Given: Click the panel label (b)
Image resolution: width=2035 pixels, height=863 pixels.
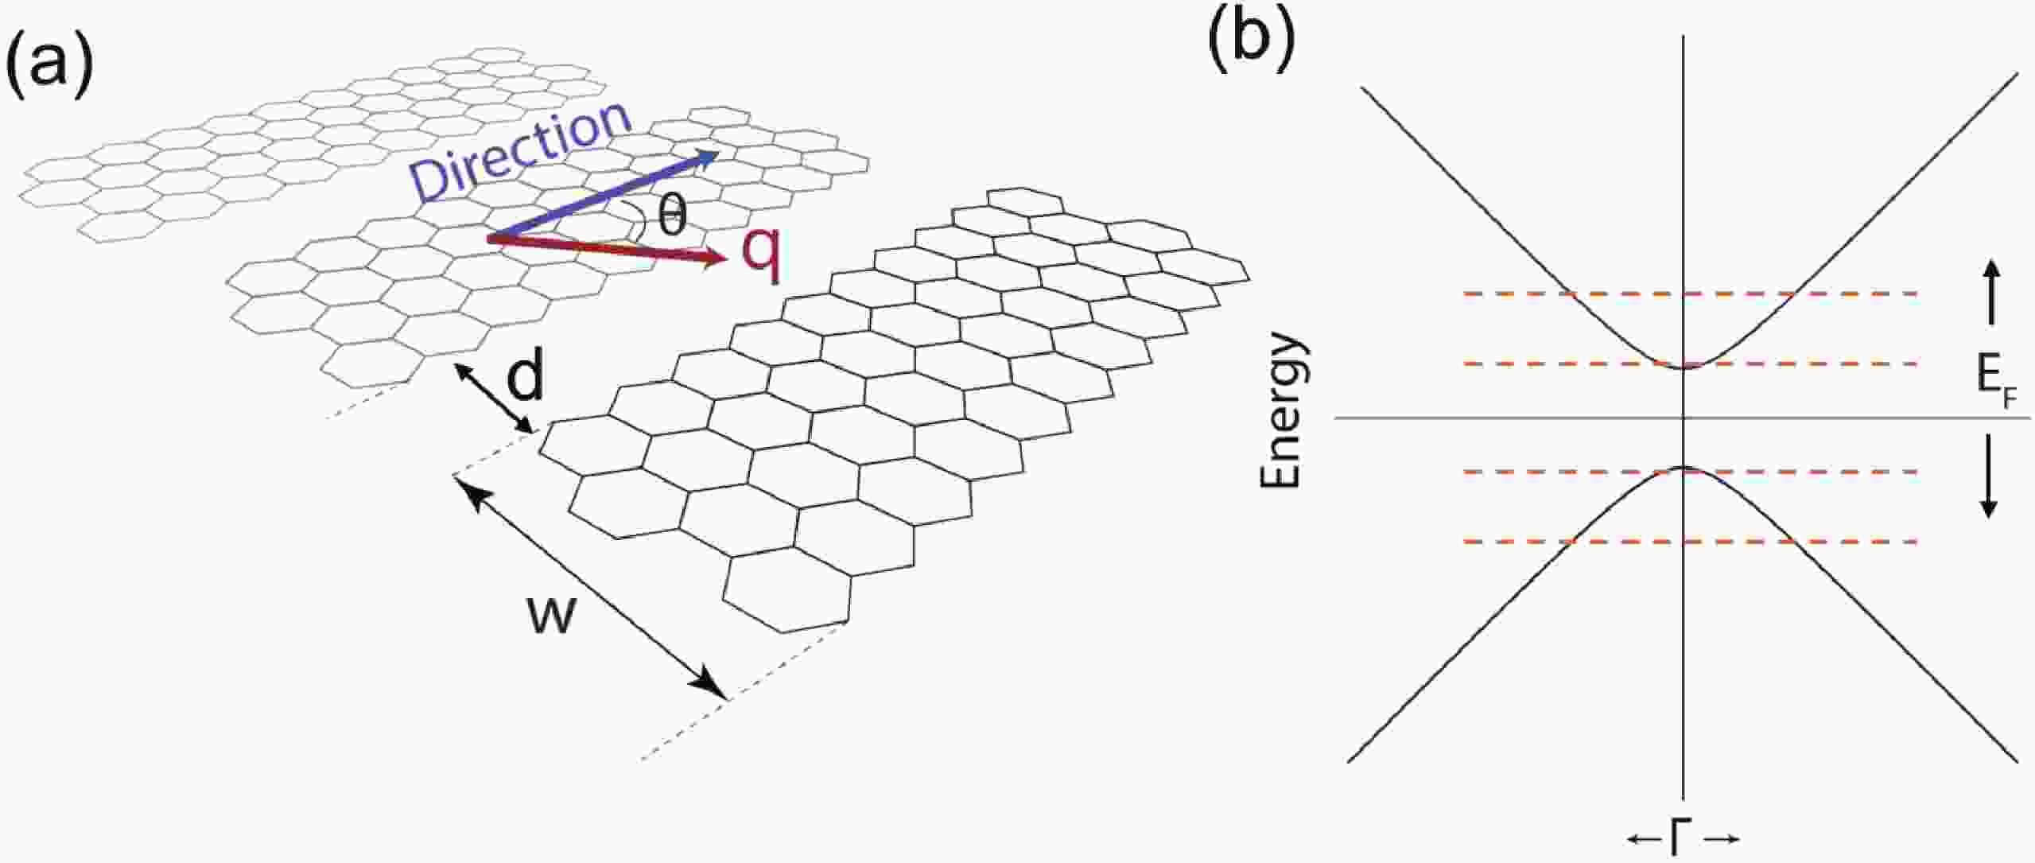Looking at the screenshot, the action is [1251, 40].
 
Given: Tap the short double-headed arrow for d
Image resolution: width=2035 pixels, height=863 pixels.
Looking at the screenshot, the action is [493, 398].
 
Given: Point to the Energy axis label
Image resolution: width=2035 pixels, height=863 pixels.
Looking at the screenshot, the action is [1281, 411].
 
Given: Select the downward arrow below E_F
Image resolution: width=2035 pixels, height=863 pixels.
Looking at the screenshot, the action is [1989, 476].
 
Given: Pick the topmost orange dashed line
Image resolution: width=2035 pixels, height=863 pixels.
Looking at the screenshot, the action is [1691, 294].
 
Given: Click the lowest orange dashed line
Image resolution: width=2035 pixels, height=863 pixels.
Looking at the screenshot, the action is [1691, 542].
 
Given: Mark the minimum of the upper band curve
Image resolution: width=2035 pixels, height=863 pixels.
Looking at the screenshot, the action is [1684, 367].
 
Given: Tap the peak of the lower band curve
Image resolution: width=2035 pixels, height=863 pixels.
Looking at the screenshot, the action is [1684, 467].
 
